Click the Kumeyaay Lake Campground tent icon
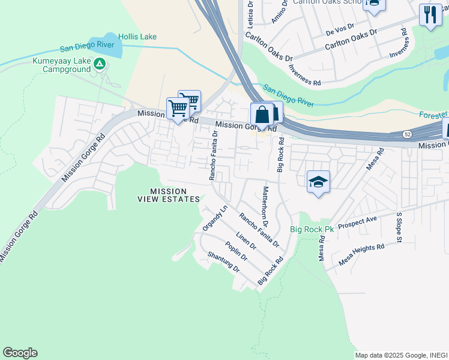[100, 64]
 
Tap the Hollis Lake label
[137, 37]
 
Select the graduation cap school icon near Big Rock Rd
[318, 182]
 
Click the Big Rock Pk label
[312, 229]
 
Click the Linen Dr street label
[246, 241]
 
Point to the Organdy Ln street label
[215, 218]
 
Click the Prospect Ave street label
[357, 223]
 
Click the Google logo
[20, 353]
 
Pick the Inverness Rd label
[304, 78]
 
